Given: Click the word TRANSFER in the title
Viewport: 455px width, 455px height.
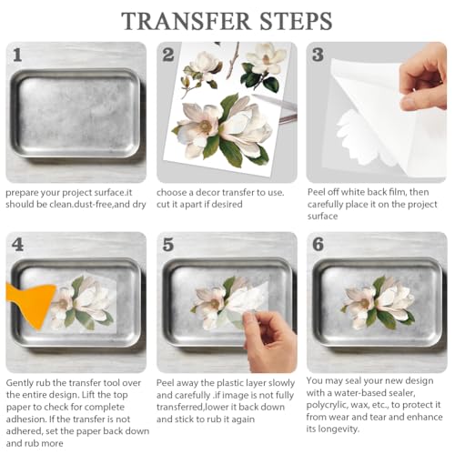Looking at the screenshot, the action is [x=186, y=21].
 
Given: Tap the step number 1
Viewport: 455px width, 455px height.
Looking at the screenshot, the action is [x=17, y=55].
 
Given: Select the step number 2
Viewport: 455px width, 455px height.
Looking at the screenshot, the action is [x=168, y=55].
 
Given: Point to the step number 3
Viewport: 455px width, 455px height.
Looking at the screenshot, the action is [x=318, y=55].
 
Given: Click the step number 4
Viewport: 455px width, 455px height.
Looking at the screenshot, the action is [x=17, y=245].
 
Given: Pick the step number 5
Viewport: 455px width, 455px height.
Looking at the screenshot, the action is [x=168, y=245].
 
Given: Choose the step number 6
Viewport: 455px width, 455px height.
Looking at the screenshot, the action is [x=318, y=245].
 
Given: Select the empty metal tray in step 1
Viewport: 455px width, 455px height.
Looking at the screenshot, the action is [x=76, y=113].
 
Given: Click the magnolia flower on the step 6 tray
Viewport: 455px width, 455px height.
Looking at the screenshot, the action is [x=379, y=303].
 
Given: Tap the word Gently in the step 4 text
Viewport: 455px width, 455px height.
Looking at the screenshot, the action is [x=20, y=383].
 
